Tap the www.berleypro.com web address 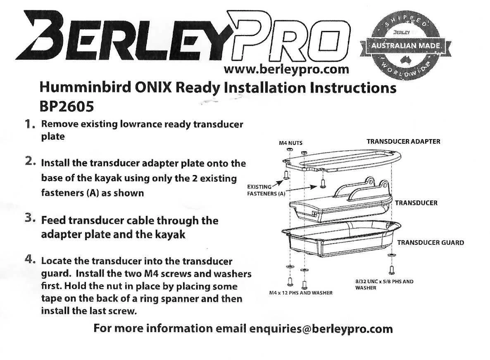tap(286, 69)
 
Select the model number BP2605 tap(66, 107)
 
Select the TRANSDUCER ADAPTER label tap(403, 141)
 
